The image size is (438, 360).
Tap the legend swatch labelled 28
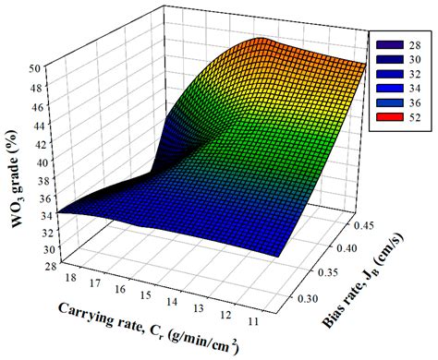383,44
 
